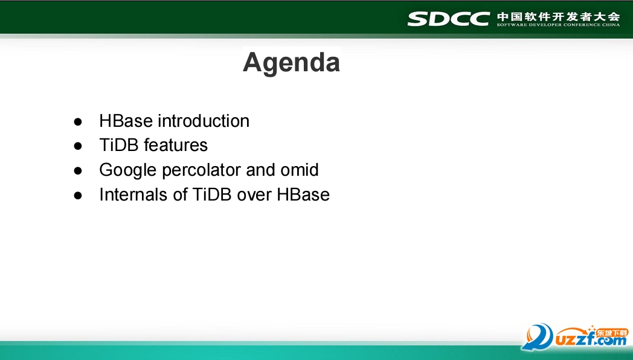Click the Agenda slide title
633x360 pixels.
[x=291, y=63]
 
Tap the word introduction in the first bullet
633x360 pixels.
[x=204, y=121]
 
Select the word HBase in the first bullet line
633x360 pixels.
[x=126, y=121]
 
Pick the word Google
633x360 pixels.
[x=128, y=170]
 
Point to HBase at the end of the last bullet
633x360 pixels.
[x=303, y=194]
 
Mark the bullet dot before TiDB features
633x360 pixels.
[x=78, y=146]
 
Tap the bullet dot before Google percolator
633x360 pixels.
[x=78, y=171]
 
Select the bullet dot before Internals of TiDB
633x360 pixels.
[x=78, y=196]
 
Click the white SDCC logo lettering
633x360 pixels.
[x=449, y=19]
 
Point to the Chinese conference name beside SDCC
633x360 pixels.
[x=558, y=16]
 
